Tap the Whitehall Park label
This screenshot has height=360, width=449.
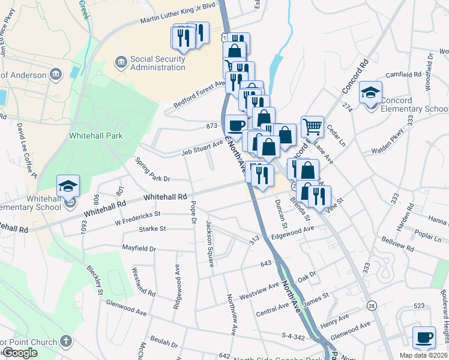[96, 136]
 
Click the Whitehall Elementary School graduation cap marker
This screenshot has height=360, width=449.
[68, 186]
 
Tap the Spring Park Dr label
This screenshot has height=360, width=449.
[152, 170]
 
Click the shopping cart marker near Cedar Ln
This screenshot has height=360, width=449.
[312, 127]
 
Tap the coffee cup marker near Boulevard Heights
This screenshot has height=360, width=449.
[424, 337]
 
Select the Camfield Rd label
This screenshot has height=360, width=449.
[403, 75]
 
